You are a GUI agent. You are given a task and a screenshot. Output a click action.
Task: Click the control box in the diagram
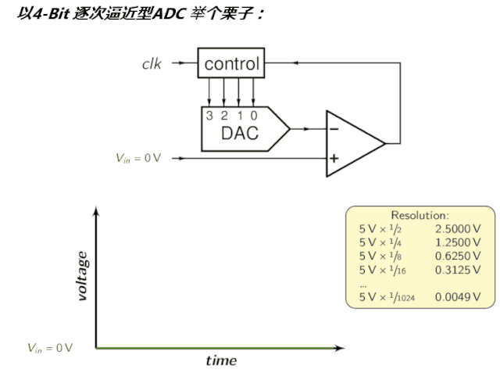click(x=230, y=64)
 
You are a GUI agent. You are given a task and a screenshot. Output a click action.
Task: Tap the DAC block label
click(x=239, y=133)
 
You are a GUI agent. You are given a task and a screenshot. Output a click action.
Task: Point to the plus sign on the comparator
click(x=334, y=158)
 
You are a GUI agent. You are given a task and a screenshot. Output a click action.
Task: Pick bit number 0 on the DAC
click(x=254, y=115)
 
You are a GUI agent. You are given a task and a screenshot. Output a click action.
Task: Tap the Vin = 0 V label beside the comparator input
click(x=138, y=159)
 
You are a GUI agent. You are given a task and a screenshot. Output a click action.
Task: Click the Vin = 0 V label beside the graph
click(x=50, y=346)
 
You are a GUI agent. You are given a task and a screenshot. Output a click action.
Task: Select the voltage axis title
click(x=81, y=275)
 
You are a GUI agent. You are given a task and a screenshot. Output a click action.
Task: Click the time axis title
click(x=221, y=360)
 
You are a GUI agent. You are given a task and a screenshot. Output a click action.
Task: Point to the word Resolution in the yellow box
click(x=420, y=215)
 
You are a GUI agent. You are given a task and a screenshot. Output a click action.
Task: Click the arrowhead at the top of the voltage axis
click(x=96, y=211)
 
